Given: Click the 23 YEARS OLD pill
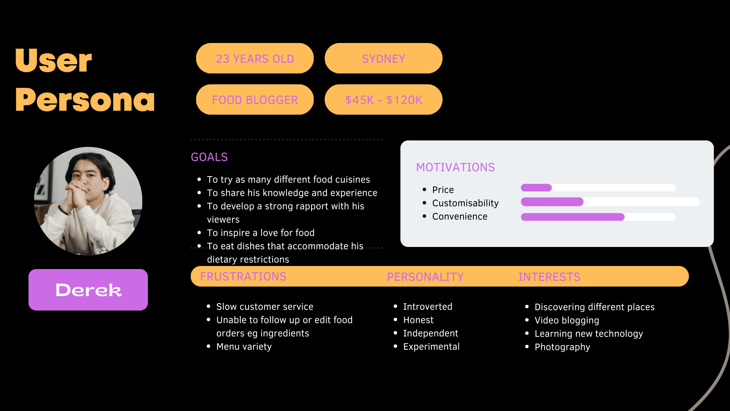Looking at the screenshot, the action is point(255,58).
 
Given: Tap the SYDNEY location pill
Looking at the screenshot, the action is point(383,58).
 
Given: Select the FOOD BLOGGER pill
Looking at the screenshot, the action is point(255,100).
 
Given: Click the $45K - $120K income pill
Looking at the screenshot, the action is point(383,100).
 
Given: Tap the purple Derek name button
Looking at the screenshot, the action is point(88,290).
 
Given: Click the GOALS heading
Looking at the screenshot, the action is point(209,157).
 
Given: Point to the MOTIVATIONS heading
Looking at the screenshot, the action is point(455,167).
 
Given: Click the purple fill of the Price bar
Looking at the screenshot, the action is point(536,188).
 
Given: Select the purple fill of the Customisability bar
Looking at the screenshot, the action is point(552,202).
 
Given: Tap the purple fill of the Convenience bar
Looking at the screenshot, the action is point(572,217).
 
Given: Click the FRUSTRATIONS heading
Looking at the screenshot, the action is point(243,277).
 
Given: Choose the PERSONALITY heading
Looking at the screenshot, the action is point(425,277).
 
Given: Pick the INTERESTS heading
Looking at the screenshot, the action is point(549,277).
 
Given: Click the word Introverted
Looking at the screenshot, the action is point(427,307).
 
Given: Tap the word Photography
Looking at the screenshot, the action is point(562,347).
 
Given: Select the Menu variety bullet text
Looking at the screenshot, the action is point(244,347).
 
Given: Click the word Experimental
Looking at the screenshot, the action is point(431,347).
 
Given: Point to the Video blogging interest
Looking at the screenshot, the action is point(567,320).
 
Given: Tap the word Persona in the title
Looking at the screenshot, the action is point(85,100).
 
